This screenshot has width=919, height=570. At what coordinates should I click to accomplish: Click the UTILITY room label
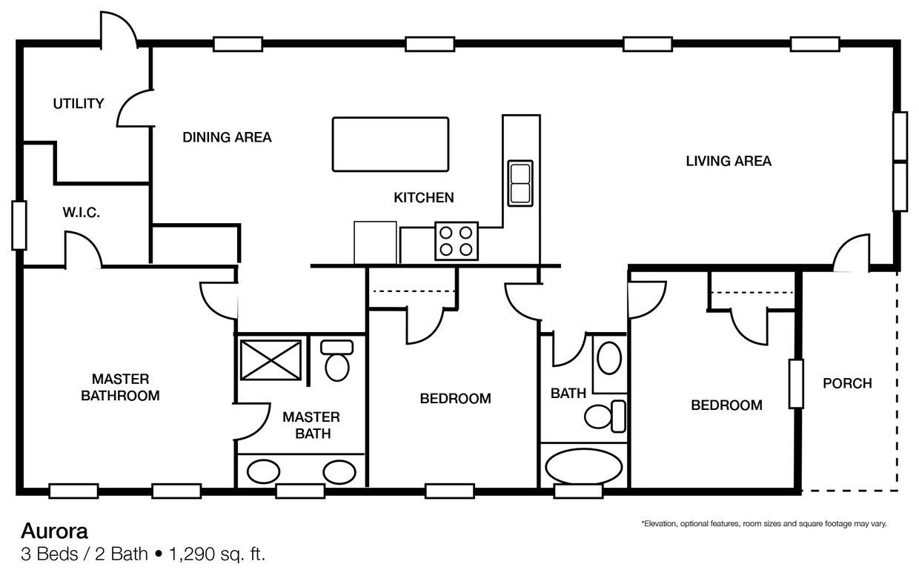click(78, 104)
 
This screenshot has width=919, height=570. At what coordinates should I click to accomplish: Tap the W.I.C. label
click(81, 213)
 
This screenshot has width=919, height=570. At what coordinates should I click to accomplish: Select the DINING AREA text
click(227, 137)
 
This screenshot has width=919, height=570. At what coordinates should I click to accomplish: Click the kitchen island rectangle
click(391, 144)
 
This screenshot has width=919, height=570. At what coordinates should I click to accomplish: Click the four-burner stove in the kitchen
click(456, 241)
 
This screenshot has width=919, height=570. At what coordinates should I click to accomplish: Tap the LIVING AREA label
click(728, 161)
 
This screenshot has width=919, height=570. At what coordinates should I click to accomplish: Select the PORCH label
click(847, 383)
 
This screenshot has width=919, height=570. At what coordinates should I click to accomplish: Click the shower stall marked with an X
click(271, 359)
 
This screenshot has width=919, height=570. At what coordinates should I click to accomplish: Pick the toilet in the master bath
click(337, 361)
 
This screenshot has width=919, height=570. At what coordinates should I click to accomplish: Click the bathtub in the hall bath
click(584, 466)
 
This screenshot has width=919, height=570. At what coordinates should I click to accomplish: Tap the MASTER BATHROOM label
click(120, 387)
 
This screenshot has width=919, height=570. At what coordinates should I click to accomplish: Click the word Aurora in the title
click(54, 531)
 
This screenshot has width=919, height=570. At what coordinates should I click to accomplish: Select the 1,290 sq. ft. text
click(216, 554)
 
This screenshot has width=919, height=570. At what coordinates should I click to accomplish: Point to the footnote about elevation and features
click(763, 524)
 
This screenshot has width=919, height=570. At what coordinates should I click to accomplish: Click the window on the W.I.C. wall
click(19, 225)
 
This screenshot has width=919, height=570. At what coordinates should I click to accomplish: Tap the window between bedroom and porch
click(796, 384)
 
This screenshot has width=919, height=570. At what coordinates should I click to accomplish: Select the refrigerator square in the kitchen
click(375, 242)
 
